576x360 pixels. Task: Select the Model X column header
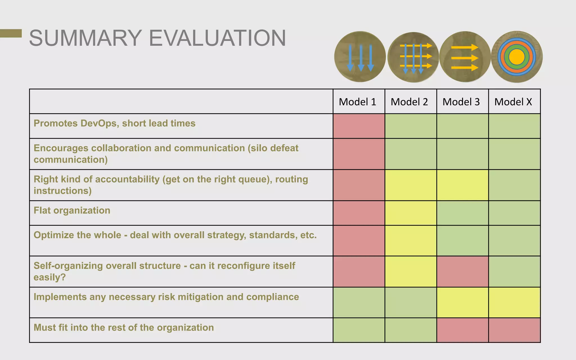point(513,102)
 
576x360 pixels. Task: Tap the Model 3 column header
point(461,102)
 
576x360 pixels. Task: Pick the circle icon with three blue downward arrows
point(360,57)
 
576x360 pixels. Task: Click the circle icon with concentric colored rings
point(517,57)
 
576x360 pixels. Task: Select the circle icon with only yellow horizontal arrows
point(465,57)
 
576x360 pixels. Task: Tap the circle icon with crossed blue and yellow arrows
point(413,57)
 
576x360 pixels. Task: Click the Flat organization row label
point(72,210)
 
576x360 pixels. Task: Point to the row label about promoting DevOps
point(114,123)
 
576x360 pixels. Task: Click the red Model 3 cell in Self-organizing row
point(462,271)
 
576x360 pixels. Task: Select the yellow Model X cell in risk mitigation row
point(514,302)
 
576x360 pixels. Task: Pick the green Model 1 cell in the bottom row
point(359,330)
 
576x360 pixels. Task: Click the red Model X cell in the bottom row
point(514,330)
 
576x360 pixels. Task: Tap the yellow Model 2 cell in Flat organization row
point(411,213)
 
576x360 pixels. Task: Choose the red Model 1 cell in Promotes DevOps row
point(359,126)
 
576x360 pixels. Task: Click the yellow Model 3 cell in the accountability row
point(462,185)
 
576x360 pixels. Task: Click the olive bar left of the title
point(11,33)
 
